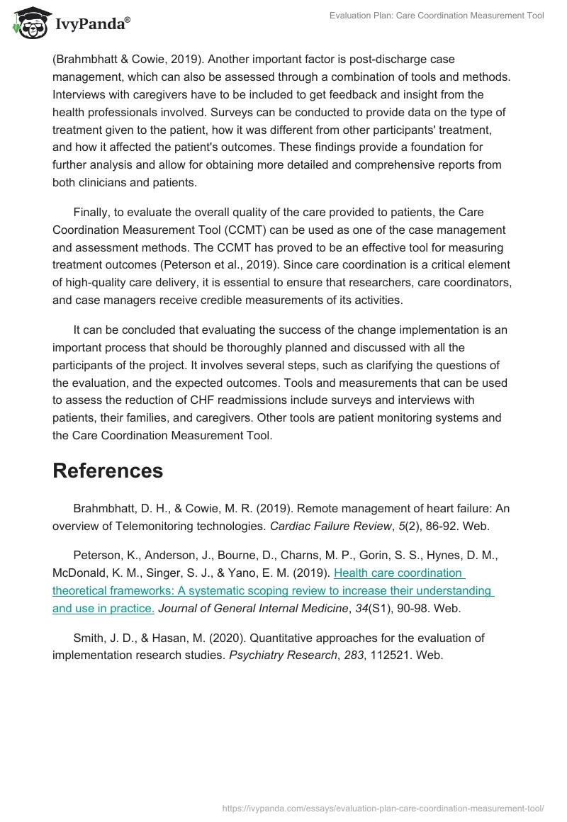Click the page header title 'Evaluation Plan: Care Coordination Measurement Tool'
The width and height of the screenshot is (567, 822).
(x=437, y=16)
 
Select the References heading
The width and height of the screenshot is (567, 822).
(x=108, y=471)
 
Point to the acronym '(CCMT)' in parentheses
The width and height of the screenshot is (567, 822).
(x=234, y=230)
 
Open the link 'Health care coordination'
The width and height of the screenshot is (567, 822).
(x=399, y=573)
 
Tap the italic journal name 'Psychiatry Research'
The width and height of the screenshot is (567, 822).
(x=283, y=655)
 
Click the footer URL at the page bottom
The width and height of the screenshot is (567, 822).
(x=383, y=807)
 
